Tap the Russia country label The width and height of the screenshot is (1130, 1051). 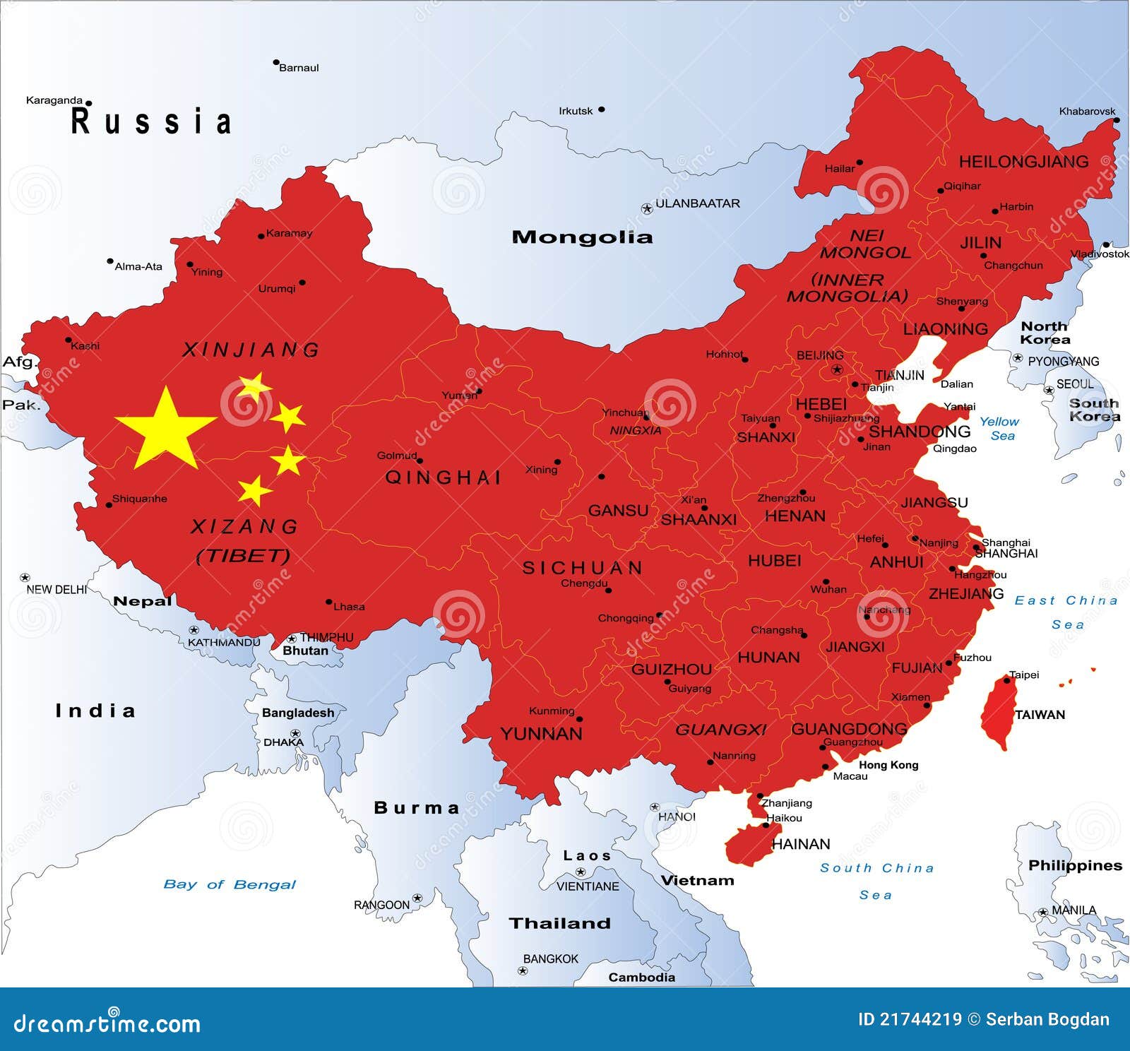(152, 121)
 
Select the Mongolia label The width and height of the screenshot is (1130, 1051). (582, 237)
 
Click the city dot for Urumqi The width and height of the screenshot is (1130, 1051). (302, 283)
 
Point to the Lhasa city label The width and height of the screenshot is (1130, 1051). (349, 607)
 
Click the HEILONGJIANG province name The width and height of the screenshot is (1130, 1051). (1023, 162)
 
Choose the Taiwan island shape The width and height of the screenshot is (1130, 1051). (998, 712)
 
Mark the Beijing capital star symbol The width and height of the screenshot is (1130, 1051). (838, 369)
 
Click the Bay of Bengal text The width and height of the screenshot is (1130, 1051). (230, 884)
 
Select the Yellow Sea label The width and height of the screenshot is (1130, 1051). (999, 428)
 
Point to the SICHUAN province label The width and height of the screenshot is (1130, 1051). (583, 568)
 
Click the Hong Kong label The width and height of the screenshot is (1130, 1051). (888, 765)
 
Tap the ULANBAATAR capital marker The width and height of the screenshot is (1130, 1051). (646, 208)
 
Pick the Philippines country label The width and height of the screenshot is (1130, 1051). (1075, 865)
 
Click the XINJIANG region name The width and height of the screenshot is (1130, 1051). (251, 350)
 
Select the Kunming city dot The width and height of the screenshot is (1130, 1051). (579, 719)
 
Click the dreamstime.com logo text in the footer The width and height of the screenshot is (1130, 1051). (107, 1023)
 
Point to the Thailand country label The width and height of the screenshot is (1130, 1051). (559, 923)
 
